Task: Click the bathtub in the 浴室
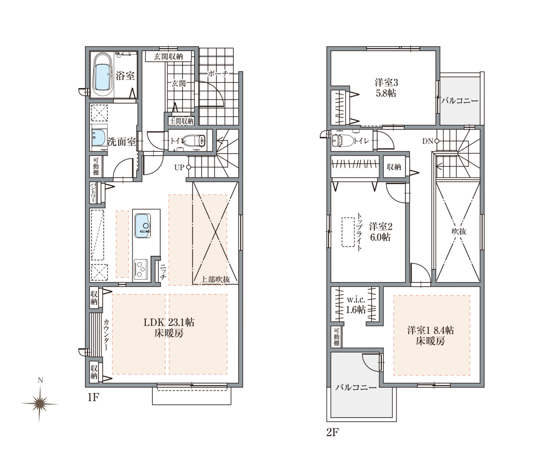(102, 75)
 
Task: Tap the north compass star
(40, 404)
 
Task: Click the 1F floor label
(93, 397)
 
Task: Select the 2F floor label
(332, 432)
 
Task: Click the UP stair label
(179, 167)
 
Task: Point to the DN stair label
(427, 141)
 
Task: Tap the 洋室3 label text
(386, 82)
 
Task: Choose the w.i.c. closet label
(356, 300)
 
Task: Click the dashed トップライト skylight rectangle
(348, 232)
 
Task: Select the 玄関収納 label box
(168, 56)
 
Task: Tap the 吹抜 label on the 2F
(459, 231)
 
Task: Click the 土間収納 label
(181, 121)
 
